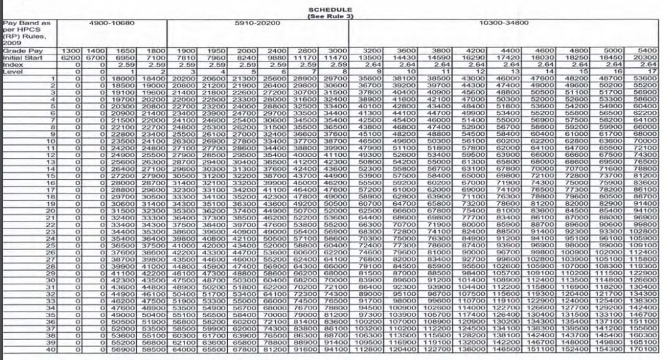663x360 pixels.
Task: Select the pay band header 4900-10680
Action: point(111,23)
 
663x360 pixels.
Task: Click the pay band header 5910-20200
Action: point(258,23)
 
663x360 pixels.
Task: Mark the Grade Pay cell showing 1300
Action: point(70,51)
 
